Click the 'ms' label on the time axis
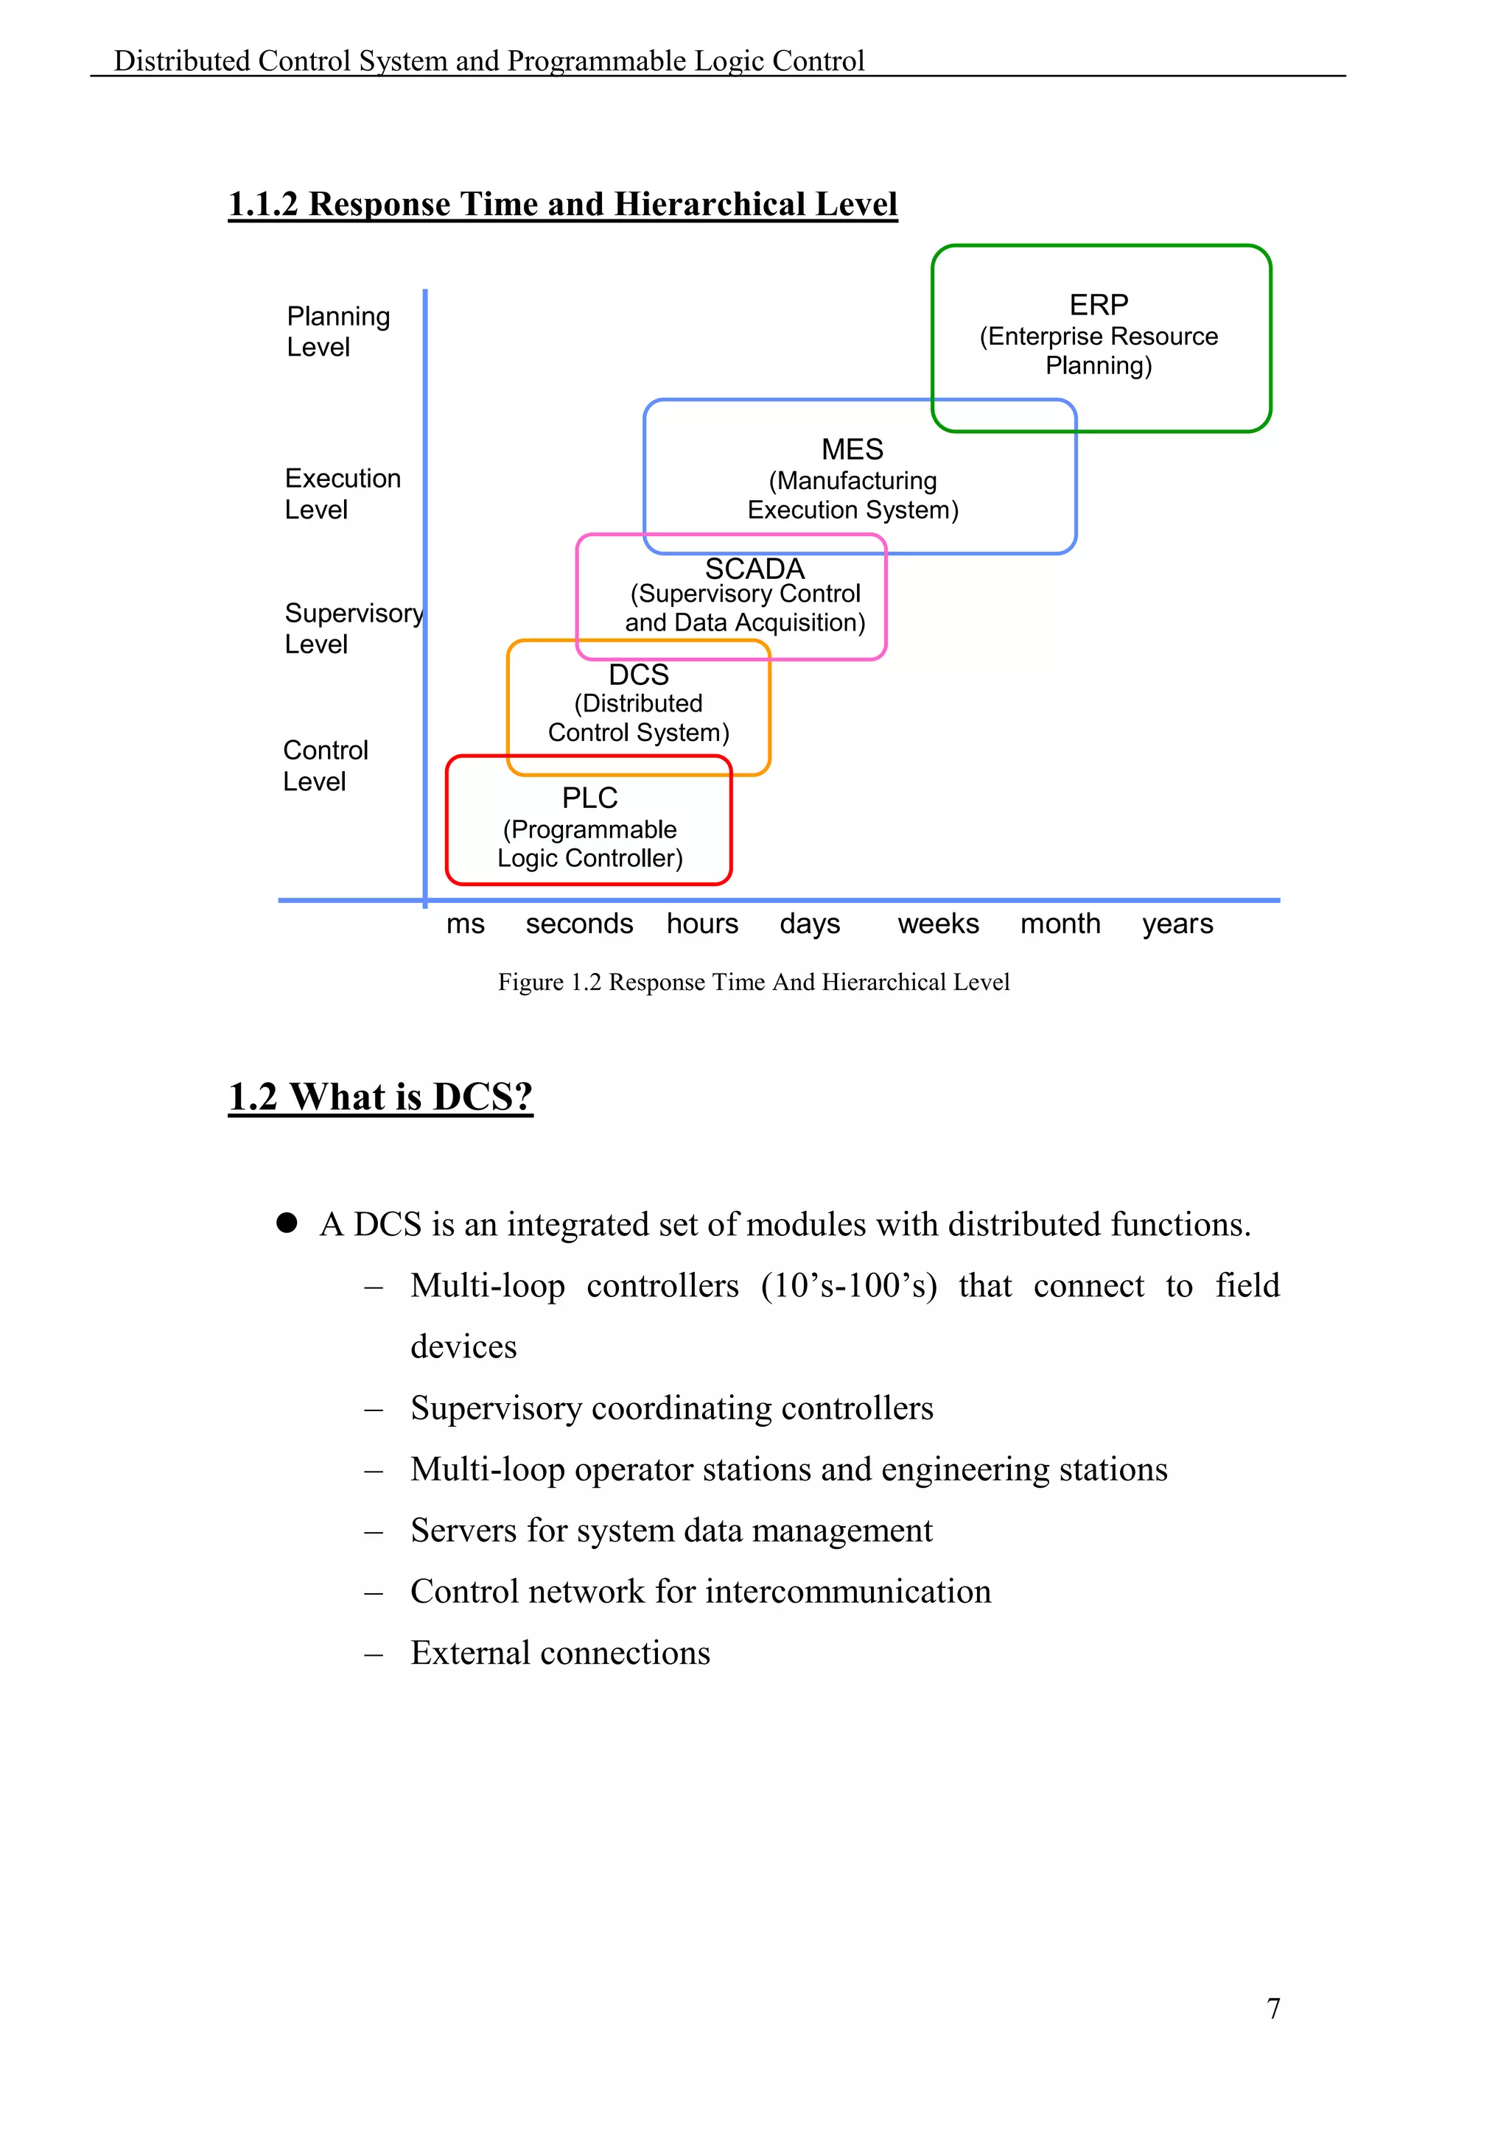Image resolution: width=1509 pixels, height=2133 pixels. coord(466,924)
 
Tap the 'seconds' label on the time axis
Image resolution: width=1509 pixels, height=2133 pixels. coord(579,924)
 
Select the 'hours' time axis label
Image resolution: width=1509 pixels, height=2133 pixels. coord(702,924)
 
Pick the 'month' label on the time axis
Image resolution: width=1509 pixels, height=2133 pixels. coord(1060,924)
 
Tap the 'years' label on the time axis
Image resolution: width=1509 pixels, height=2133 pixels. coord(1177,924)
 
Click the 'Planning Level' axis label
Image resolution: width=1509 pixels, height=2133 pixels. coord(337,331)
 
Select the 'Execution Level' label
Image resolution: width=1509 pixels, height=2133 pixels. coord(342,493)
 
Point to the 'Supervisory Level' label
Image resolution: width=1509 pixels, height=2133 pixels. coord(353,628)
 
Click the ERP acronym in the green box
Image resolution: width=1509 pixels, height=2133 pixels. coord(1099,305)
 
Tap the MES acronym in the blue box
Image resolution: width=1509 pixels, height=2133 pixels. coord(852,449)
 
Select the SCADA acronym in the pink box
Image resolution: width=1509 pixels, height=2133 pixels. coord(754,568)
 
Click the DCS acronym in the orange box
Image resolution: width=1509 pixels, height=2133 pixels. coord(638,675)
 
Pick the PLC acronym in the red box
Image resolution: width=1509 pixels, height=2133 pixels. coord(589,798)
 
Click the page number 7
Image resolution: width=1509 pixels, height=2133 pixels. coord(1273,2009)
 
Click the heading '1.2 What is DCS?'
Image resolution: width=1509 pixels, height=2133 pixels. coord(380,1097)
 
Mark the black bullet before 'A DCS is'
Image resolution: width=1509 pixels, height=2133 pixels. coord(287,1223)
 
